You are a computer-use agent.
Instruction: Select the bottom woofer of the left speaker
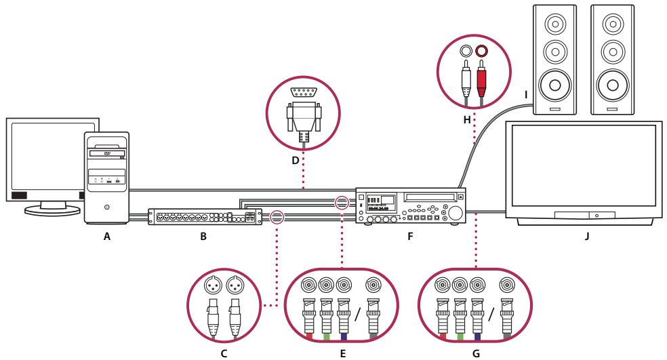(554, 85)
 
